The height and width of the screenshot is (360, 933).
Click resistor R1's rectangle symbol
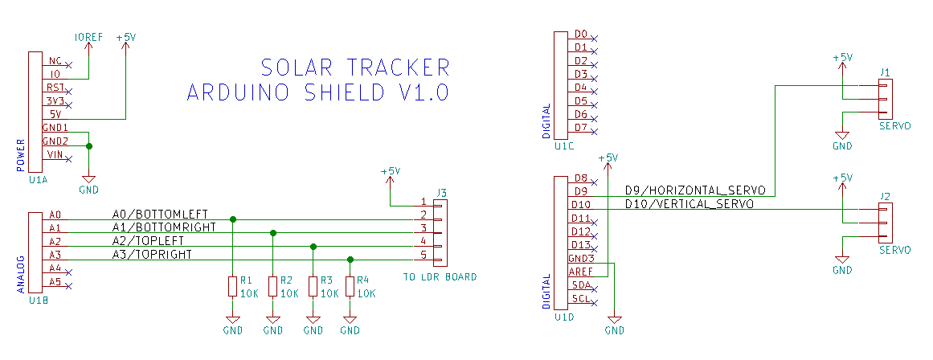(232, 286)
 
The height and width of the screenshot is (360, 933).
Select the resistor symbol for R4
(350, 286)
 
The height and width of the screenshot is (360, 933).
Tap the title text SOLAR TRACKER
(355, 67)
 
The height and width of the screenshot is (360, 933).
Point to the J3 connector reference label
(441, 192)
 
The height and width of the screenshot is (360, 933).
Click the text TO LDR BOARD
(440, 277)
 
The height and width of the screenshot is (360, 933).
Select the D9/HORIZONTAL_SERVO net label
(696, 190)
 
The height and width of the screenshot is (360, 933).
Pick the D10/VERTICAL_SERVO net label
(689, 204)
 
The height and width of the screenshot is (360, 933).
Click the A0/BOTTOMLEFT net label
(160, 215)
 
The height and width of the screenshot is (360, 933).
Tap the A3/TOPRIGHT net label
(152, 255)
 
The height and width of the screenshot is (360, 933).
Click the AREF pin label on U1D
(580, 272)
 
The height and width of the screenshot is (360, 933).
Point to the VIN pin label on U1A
(55, 154)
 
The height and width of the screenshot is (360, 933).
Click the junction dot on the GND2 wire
(88, 146)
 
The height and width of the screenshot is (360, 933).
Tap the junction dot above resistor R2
(273, 233)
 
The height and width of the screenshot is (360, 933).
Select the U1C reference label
(563, 146)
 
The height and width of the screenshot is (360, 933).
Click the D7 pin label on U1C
(581, 128)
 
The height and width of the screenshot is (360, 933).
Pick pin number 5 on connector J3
(424, 256)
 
